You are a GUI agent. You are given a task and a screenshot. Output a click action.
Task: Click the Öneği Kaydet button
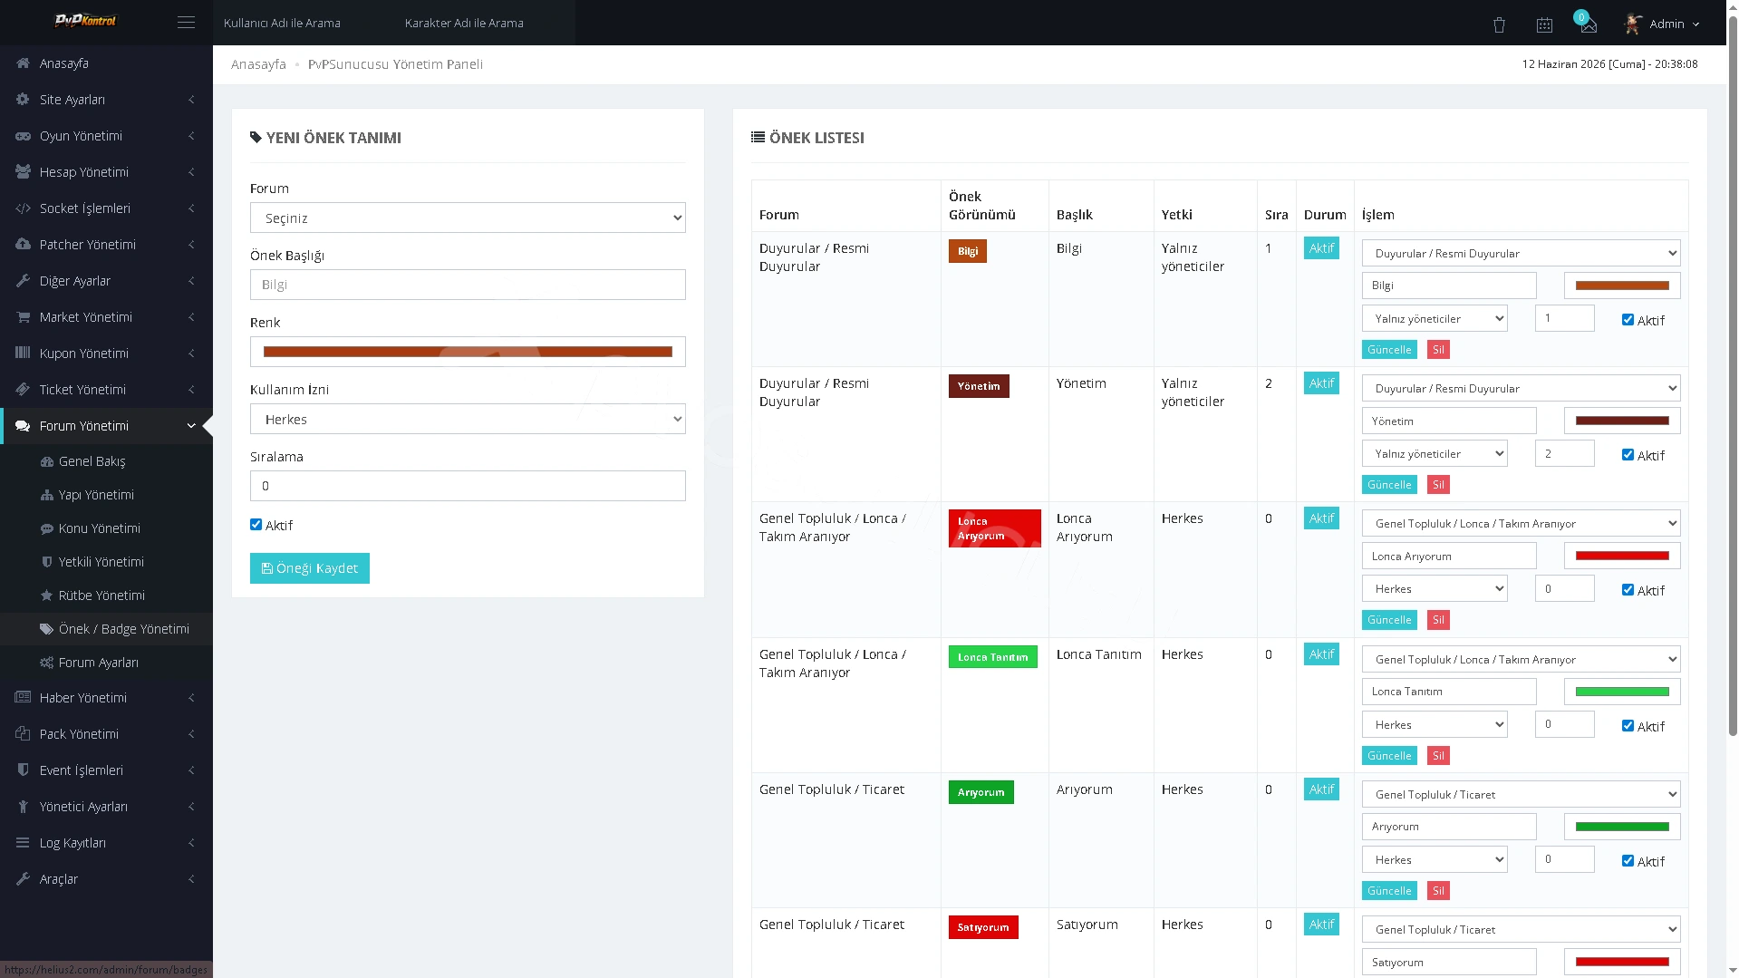tap(309, 568)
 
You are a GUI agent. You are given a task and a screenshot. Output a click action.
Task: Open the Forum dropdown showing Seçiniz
tap(468, 218)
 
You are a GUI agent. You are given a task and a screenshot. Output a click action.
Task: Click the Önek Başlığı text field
tap(468, 285)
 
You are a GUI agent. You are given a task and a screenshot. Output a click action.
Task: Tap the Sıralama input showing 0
tap(468, 486)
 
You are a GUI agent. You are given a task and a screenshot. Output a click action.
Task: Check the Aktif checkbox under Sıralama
tap(256, 525)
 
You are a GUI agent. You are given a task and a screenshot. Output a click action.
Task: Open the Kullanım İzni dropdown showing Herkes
tap(468, 419)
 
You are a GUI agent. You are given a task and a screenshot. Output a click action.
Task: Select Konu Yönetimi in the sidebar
tap(99, 528)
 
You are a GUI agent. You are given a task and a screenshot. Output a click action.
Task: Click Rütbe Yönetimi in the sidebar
tap(101, 596)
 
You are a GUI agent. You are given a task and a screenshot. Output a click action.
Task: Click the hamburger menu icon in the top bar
tap(186, 23)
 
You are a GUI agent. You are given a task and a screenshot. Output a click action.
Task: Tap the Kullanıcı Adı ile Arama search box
tap(283, 23)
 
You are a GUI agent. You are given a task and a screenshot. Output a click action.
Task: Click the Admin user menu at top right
tap(1662, 24)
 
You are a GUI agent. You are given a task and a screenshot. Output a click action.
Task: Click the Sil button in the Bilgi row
tap(1438, 350)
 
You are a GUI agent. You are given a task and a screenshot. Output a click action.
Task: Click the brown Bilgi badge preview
tap(968, 251)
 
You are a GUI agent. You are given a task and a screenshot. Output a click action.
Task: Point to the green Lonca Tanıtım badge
tap(992, 657)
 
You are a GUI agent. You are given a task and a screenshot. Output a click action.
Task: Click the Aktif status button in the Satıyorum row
tap(1321, 925)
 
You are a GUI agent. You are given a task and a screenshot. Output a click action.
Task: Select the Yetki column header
tap(1177, 215)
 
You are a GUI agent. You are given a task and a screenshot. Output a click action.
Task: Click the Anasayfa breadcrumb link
tap(258, 64)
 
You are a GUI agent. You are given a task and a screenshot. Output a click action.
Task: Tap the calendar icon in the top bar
tap(1544, 24)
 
